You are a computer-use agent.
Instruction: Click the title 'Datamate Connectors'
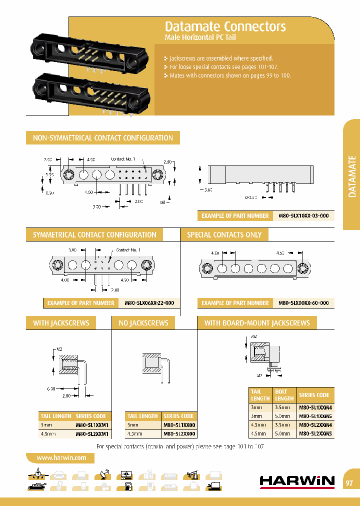point(225,26)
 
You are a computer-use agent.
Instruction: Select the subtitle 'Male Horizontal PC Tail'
point(200,38)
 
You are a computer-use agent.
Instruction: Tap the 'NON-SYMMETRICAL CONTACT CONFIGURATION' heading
point(102,138)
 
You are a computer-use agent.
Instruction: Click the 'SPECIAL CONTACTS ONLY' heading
point(224,234)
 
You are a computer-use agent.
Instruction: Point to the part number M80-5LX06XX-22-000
point(149,303)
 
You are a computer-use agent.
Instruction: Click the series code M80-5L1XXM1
point(92,425)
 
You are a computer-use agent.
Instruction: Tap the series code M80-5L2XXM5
point(315,434)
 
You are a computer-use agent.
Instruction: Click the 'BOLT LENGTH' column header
point(284,395)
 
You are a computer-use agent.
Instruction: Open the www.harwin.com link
point(61,457)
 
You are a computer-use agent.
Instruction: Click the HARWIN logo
point(297,481)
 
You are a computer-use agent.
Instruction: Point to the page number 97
point(349,483)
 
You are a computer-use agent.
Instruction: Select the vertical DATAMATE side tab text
point(352,176)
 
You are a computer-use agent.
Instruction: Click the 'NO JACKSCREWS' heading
point(143,323)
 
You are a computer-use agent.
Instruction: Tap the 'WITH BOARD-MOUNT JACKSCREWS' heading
point(257,323)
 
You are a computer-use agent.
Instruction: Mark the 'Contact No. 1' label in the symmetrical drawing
point(128,249)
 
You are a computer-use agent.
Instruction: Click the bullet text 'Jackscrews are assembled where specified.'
point(221,58)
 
